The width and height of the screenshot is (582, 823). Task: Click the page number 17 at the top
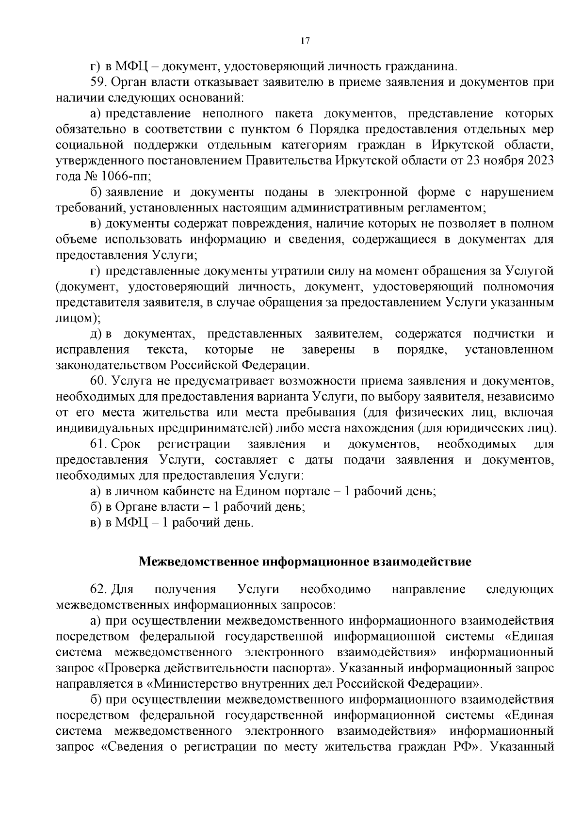click(305, 41)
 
